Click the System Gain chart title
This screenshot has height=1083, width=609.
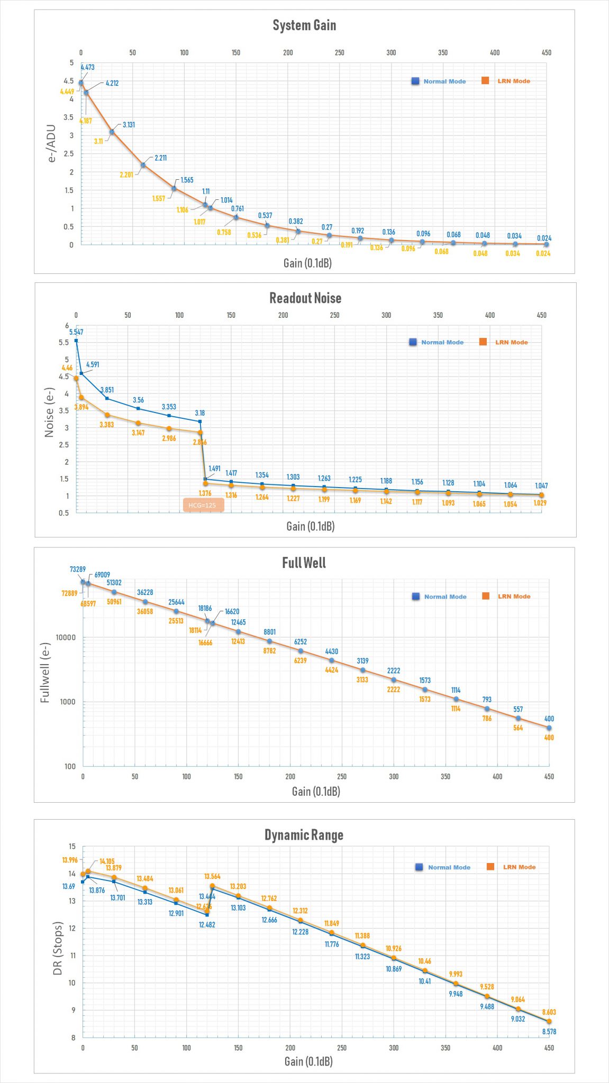[304, 25]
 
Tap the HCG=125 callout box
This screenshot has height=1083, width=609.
[203, 505]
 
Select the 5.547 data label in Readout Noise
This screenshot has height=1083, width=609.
[76, 332]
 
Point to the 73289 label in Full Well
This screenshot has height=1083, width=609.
[78, 570]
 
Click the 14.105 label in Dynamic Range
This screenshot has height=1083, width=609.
[107, 861]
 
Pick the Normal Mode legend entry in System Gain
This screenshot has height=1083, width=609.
[439, 81]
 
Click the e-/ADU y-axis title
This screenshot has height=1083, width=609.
[51, 143]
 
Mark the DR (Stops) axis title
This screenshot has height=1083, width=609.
[58, 949]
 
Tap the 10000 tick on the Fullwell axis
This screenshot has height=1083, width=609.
[66, 638]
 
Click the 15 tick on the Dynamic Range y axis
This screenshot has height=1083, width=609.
[72, 847]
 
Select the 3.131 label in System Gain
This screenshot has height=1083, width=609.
[129, 125]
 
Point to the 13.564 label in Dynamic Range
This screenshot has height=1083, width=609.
[212, 877]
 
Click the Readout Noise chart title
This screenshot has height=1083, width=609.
[305, 298]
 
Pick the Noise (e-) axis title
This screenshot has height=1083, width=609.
[49, 412]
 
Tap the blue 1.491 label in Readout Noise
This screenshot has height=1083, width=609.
[214, 469]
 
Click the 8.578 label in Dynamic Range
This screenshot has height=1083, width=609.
[549, 1032]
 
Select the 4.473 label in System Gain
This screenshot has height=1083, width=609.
[87, 67]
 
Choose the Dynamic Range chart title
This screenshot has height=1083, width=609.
[304, 835]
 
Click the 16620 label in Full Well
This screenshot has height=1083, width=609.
[232, 611]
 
